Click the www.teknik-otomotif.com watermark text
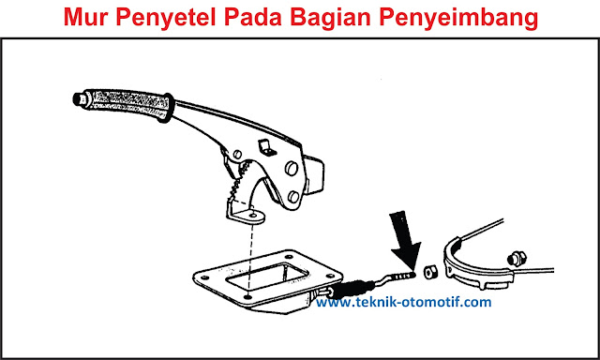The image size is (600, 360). click(404, 302)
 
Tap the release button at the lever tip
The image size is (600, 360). click(79, 98)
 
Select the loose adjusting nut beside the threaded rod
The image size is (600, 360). click(430, 272)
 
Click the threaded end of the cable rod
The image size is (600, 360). click(404, 276)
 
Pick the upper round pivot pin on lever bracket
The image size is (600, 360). click(292, 169)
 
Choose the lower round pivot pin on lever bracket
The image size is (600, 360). click(293, 197)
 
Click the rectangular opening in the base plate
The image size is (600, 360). click(267, 277)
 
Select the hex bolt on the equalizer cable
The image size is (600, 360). click(517, 259)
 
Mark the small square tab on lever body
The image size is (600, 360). click(267, 148)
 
